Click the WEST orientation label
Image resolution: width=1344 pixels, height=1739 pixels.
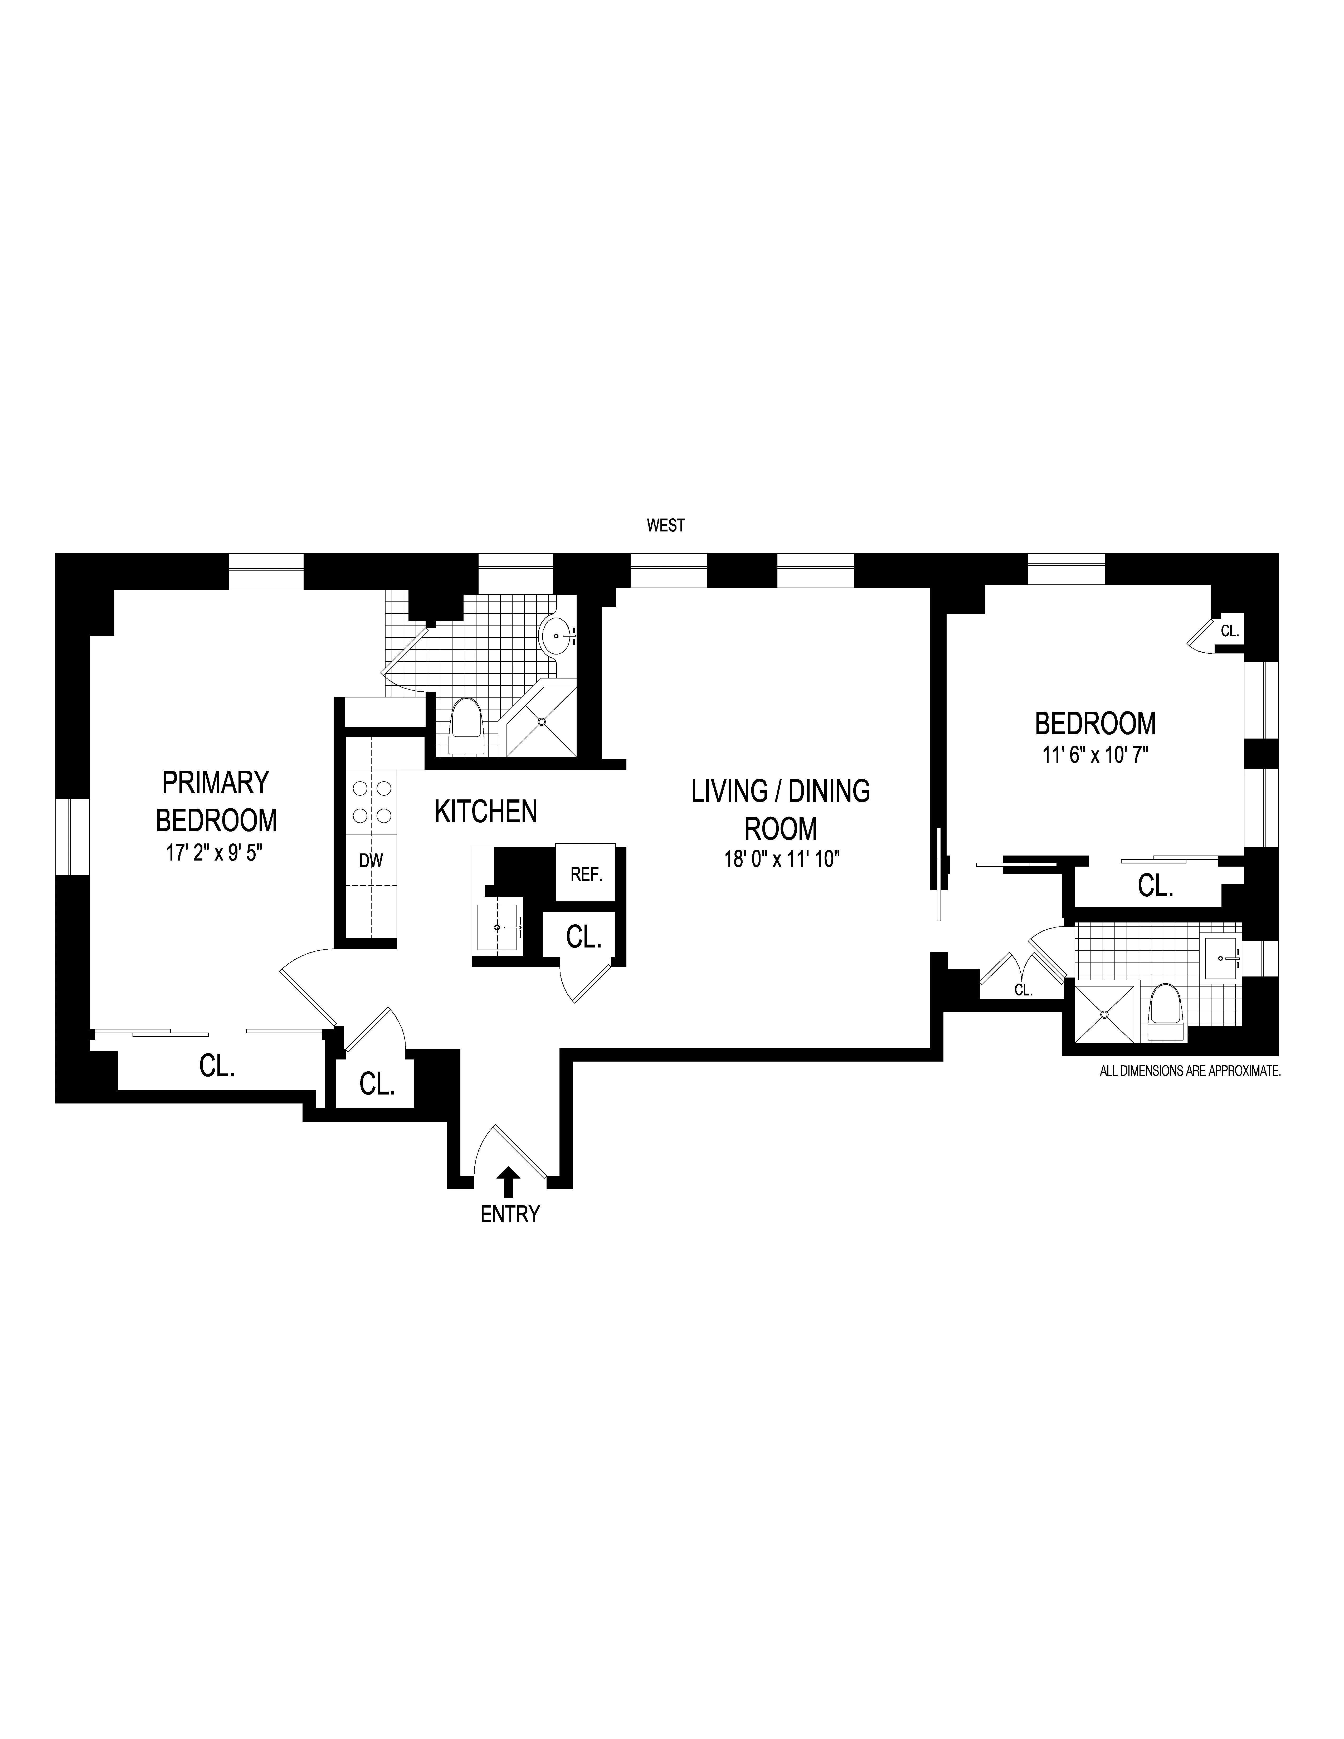(x=666, y=526)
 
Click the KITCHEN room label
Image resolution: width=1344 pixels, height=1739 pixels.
(x=486, y=811)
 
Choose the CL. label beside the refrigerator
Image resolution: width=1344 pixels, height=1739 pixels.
(x=583, y=938)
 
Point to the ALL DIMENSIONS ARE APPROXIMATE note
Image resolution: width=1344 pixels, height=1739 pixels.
(x=1190, y=1072)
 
